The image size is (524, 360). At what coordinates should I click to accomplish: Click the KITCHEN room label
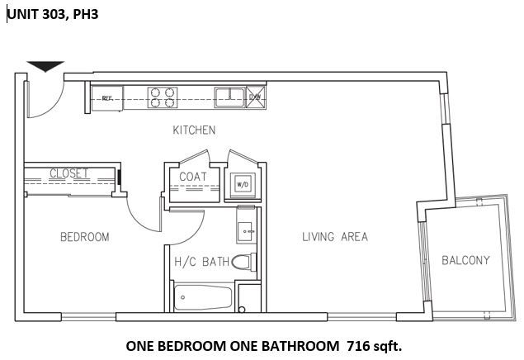click(194, 130)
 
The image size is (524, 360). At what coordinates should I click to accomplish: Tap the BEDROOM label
click(84, 238)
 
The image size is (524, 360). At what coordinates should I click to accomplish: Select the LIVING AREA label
click(333, 238)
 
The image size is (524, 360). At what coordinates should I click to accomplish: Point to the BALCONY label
click(465, 260)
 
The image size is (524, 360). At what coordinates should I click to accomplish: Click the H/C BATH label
click(201, 263)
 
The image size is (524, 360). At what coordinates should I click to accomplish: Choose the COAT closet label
click(192, 177)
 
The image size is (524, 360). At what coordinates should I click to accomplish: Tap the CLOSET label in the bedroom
click(69, 173)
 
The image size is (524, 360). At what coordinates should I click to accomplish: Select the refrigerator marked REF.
click(106, 97)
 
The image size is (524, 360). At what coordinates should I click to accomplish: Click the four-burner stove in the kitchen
click(163, 97)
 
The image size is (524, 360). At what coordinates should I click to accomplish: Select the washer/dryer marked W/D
click(243, 183)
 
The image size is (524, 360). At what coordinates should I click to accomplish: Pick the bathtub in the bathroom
click(202, 297)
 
